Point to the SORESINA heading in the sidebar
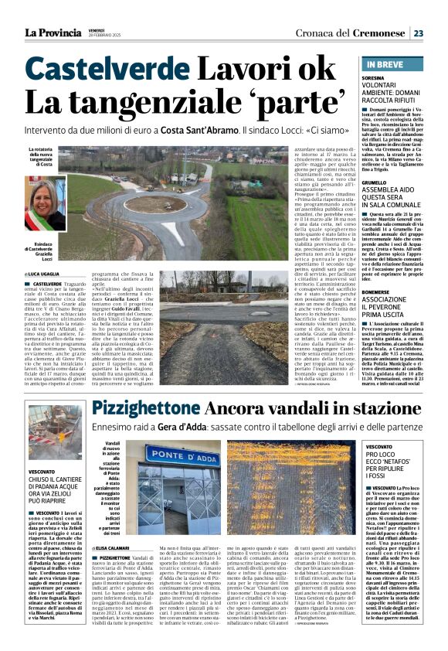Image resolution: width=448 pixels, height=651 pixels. coord(378,79)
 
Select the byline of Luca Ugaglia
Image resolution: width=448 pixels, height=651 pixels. coord(47,274)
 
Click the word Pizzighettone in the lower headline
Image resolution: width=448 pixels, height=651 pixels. coord(149,408)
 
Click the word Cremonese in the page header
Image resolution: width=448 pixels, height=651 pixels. coord(378,32)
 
